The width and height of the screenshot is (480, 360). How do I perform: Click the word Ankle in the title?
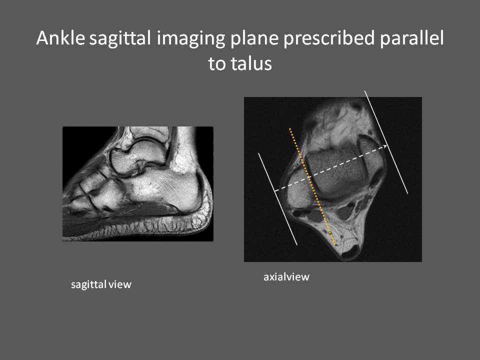[60, 38]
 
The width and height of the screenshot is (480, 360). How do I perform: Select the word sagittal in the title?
[119, 39]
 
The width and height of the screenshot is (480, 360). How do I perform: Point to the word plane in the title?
[254, 39]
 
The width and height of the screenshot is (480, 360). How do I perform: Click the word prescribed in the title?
[329, 39]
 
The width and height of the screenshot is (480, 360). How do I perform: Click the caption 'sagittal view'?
[101, 284]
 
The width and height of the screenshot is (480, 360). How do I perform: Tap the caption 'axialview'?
[286, 277]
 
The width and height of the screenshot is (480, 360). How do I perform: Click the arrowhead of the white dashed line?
[385, 146]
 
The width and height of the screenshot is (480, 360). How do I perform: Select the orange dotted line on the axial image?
[312, 186]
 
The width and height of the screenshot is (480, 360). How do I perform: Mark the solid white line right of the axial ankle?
[386, 142]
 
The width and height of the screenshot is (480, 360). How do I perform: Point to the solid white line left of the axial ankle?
[277, 199]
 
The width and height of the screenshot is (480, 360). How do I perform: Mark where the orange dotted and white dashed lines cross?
[309, 177]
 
